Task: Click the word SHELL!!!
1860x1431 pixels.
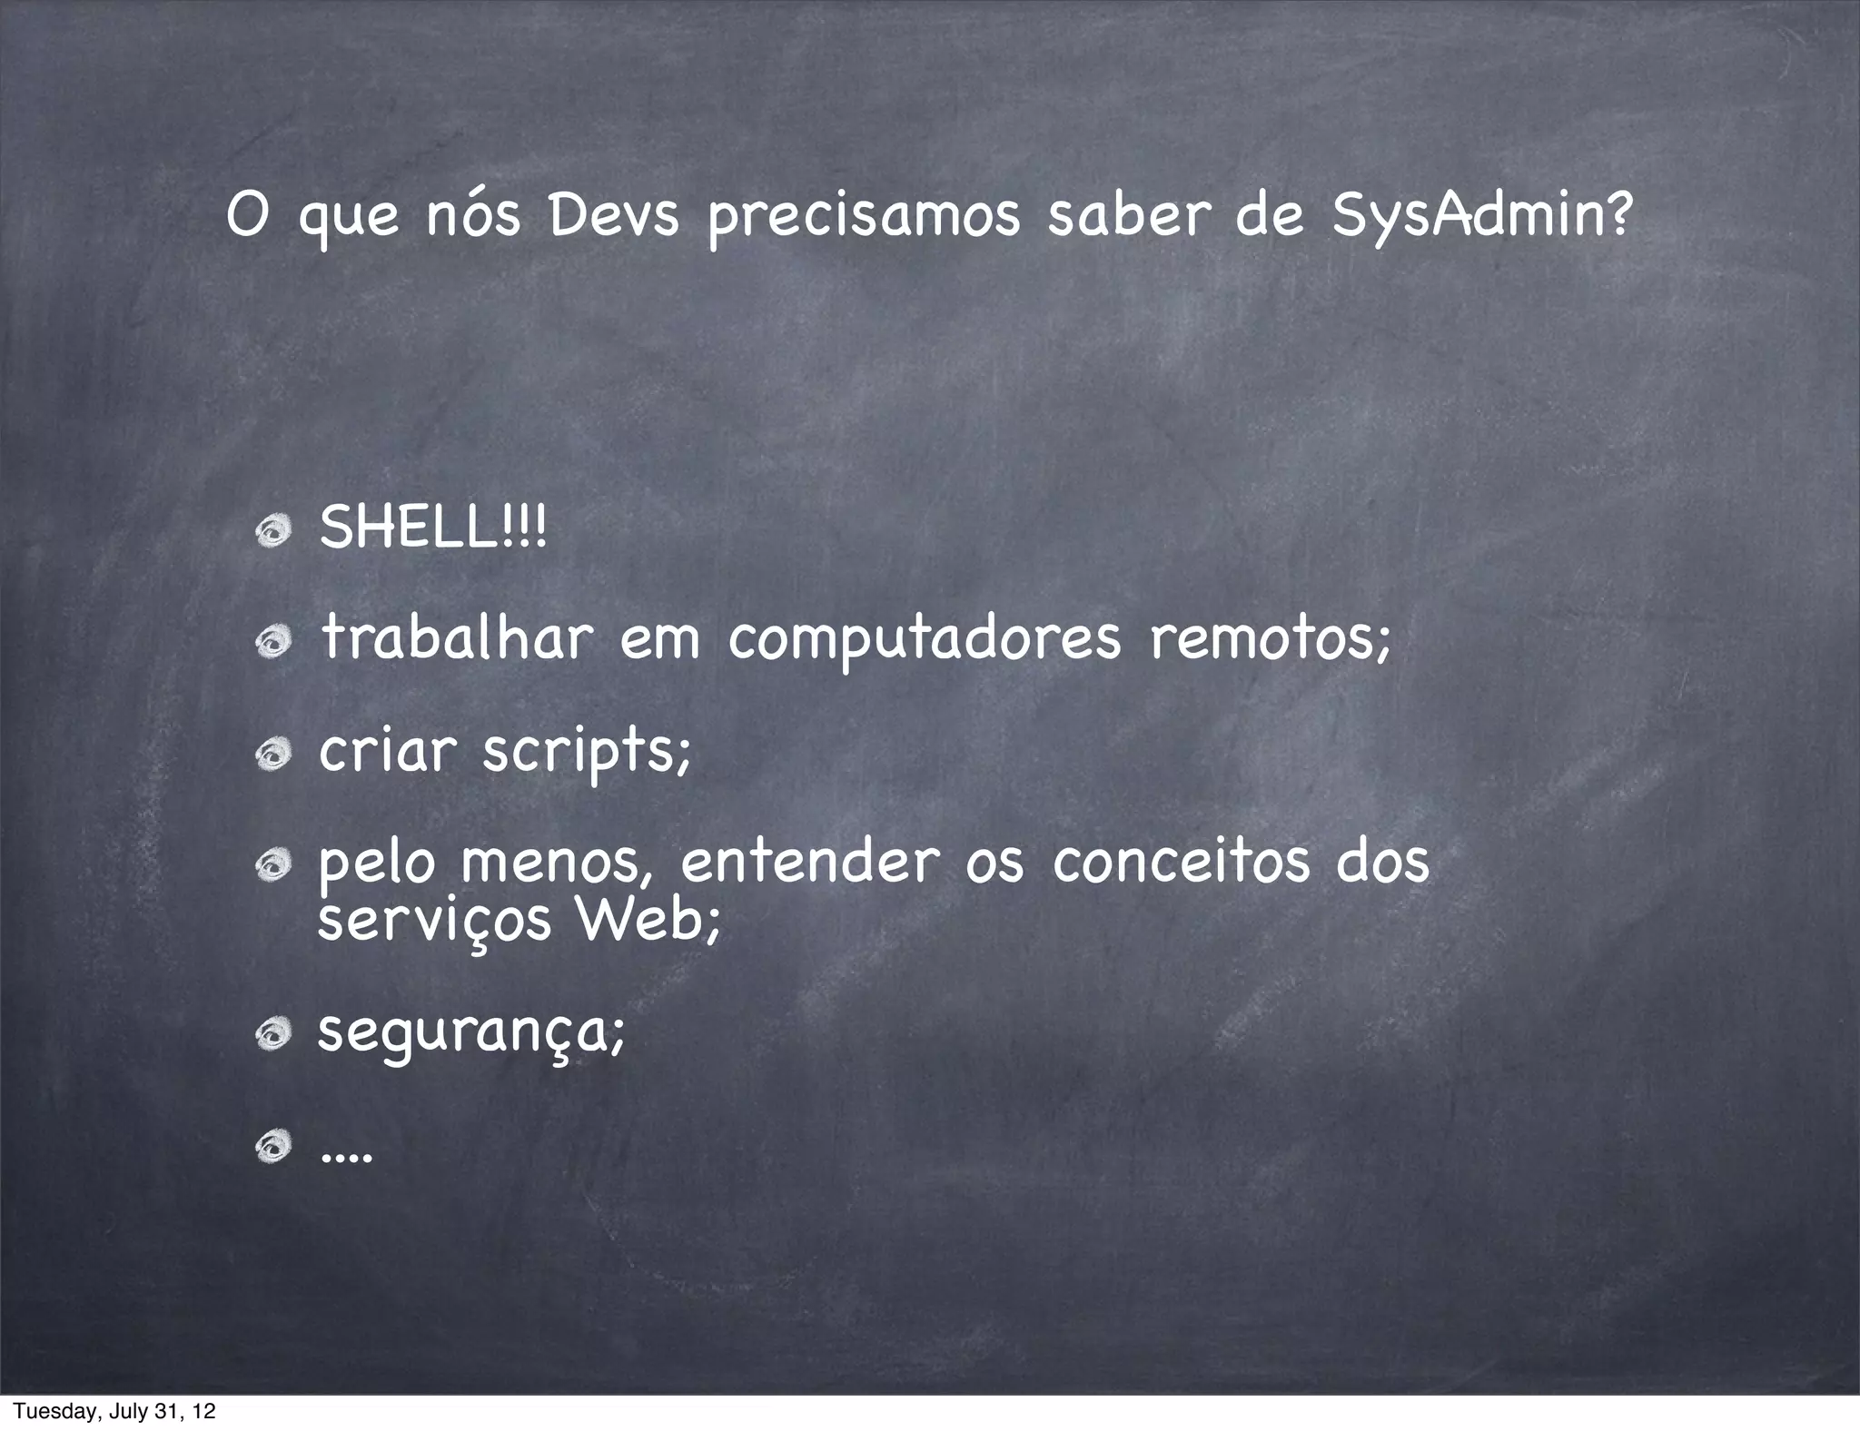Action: point(433,528)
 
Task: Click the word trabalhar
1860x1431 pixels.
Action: point(457,637)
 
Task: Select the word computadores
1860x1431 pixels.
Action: point(925,639)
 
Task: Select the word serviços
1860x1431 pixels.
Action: point(434,923)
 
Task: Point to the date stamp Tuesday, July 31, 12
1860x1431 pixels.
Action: point(114,1411)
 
